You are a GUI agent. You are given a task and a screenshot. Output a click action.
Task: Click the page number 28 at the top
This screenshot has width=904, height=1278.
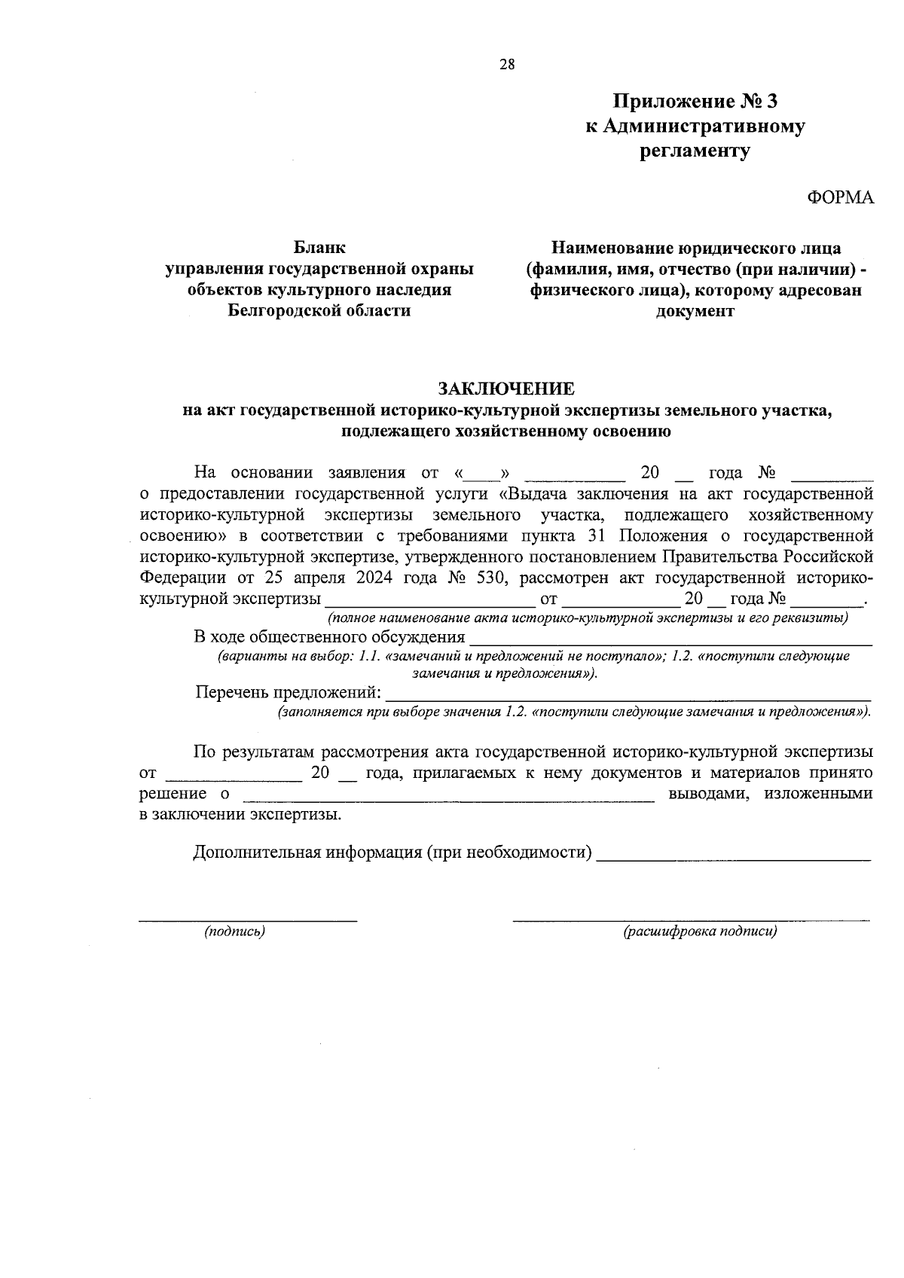coord(506,65)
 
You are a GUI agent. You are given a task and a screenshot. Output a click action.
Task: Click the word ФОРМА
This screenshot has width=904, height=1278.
coord(840,197)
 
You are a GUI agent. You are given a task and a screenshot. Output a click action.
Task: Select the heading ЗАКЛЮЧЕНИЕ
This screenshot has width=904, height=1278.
coord(506,389)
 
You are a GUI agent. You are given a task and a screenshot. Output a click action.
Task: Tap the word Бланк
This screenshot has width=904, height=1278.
coord(319,247)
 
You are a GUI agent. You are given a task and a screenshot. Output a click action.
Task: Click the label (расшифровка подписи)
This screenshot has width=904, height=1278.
coord(700,932)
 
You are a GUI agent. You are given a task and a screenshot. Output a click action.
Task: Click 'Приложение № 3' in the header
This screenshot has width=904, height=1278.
coord(694,101)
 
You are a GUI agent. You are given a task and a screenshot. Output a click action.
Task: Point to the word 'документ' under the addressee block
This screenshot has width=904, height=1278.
coord(695,311)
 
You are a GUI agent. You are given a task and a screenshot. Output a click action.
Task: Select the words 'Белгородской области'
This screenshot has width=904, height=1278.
coord(319,310)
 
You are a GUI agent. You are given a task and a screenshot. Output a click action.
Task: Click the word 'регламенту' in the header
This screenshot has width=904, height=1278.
coord(695,151)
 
